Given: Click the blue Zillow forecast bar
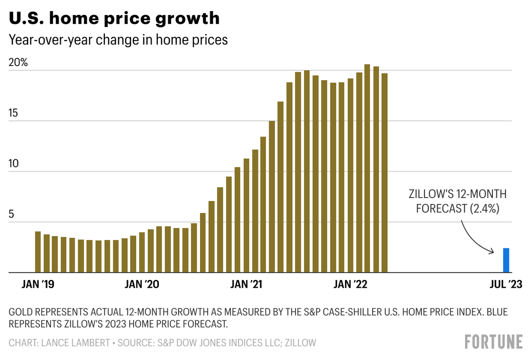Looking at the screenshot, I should click(x=506, y=260).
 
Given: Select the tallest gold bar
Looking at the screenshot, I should click(x=367, y=168).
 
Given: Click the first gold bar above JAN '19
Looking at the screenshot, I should click(x=38, y=252).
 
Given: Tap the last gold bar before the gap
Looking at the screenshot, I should click(x=385, y=173).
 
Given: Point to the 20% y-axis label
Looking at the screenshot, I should click(x=18, y=63).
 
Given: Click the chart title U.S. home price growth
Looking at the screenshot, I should click(x=114, y=19).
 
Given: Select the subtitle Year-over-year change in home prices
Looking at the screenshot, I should click(x=118, y=40).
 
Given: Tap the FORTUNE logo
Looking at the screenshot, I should click(x=494, y=342).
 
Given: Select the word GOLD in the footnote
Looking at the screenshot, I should click(x=20, y=313).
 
